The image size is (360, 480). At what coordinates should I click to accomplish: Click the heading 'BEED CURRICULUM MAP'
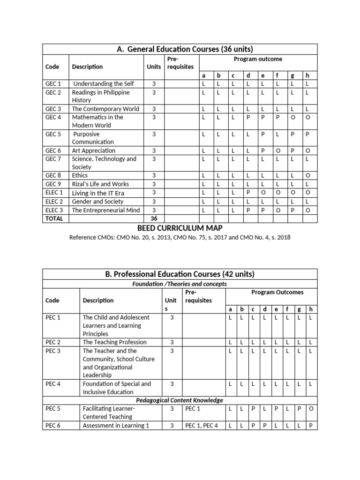[x=180, y=228]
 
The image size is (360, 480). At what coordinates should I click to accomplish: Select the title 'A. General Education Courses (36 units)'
[x=180, y=49]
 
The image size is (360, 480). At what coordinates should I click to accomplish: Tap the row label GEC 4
[x=53, y=117]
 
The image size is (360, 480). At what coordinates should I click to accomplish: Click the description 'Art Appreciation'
[x=93, y=150]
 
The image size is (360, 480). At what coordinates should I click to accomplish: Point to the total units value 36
[x=153, y=218]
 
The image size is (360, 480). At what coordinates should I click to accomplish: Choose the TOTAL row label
[x=54, y=218]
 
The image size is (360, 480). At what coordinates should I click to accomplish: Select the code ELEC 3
[x=54, y=210]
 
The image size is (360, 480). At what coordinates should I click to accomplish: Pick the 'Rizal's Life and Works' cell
[x=100, y=184]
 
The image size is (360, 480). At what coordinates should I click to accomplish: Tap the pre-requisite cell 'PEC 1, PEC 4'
[x=202, y=426]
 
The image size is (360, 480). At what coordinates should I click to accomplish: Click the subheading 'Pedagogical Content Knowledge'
[x=180, y=400]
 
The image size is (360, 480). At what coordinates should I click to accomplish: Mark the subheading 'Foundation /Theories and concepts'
[x=180, y=284]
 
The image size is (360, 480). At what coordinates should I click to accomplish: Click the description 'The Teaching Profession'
[x=114, y=342]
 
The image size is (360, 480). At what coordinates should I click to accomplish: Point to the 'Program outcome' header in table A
[x=258, y=59]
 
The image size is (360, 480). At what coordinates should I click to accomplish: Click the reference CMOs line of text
[x=180, y=237]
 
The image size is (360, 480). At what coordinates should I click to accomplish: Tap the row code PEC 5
[x=53, y=409]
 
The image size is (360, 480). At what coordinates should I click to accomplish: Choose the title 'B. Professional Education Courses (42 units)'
[x=180, y=274]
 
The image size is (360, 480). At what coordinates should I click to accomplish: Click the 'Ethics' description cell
[x=80, y=175]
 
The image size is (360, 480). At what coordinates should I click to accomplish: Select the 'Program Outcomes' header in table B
[x=271, y=292]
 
